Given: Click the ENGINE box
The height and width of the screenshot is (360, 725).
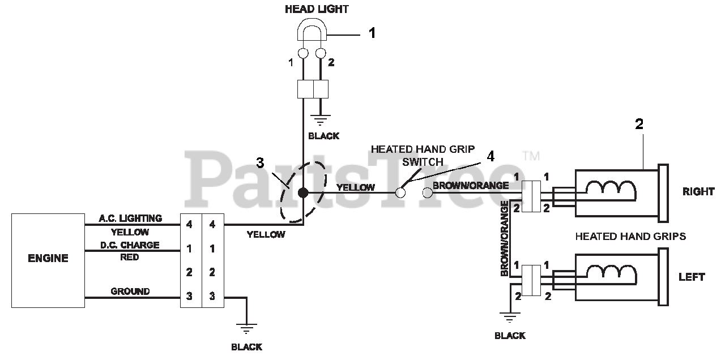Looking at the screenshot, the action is coord(48,260).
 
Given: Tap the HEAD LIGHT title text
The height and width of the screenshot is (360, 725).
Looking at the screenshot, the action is coord(317,9).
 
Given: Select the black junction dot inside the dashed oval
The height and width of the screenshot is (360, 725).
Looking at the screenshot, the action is coord(303,192).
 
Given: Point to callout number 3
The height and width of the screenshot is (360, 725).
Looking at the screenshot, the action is coord(260,164).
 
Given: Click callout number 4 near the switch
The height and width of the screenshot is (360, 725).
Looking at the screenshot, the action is coord(491,157).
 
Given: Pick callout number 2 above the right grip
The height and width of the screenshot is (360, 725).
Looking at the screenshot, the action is coord(639,125).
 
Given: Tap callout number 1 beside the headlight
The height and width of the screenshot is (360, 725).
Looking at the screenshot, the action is coord(372,33).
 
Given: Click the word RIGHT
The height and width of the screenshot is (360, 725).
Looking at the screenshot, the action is coord(698,192).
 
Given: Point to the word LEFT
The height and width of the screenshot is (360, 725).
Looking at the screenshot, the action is coord(692,277).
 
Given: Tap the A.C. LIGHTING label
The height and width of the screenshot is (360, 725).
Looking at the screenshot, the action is coord(130,218).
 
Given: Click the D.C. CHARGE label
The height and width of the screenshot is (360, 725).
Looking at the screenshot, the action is coord(130,245).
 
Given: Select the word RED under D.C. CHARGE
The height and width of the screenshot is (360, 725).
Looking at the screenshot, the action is coord(130,257).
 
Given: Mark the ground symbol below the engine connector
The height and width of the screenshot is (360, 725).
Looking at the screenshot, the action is coord(246,329).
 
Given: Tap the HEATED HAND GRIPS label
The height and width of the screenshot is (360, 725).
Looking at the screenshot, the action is coord(630,236).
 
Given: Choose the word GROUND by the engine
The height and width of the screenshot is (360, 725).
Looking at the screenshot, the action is coord(130,292).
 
